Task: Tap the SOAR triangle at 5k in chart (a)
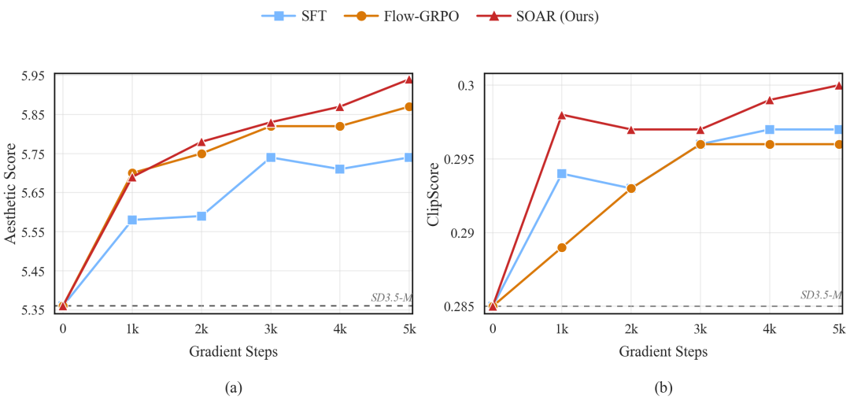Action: click(409, 79)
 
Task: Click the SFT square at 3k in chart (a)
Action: click(271, 157)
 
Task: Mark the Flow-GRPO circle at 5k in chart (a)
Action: click(409, 106)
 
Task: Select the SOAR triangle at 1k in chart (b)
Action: click(562, 115)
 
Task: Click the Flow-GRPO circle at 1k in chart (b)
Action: click(562, 247)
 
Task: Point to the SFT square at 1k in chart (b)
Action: click(562, 173)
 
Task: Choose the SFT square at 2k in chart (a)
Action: click(201, 216)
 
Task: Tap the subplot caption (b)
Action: click(666, 387)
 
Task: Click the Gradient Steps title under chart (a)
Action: click(233, 352)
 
